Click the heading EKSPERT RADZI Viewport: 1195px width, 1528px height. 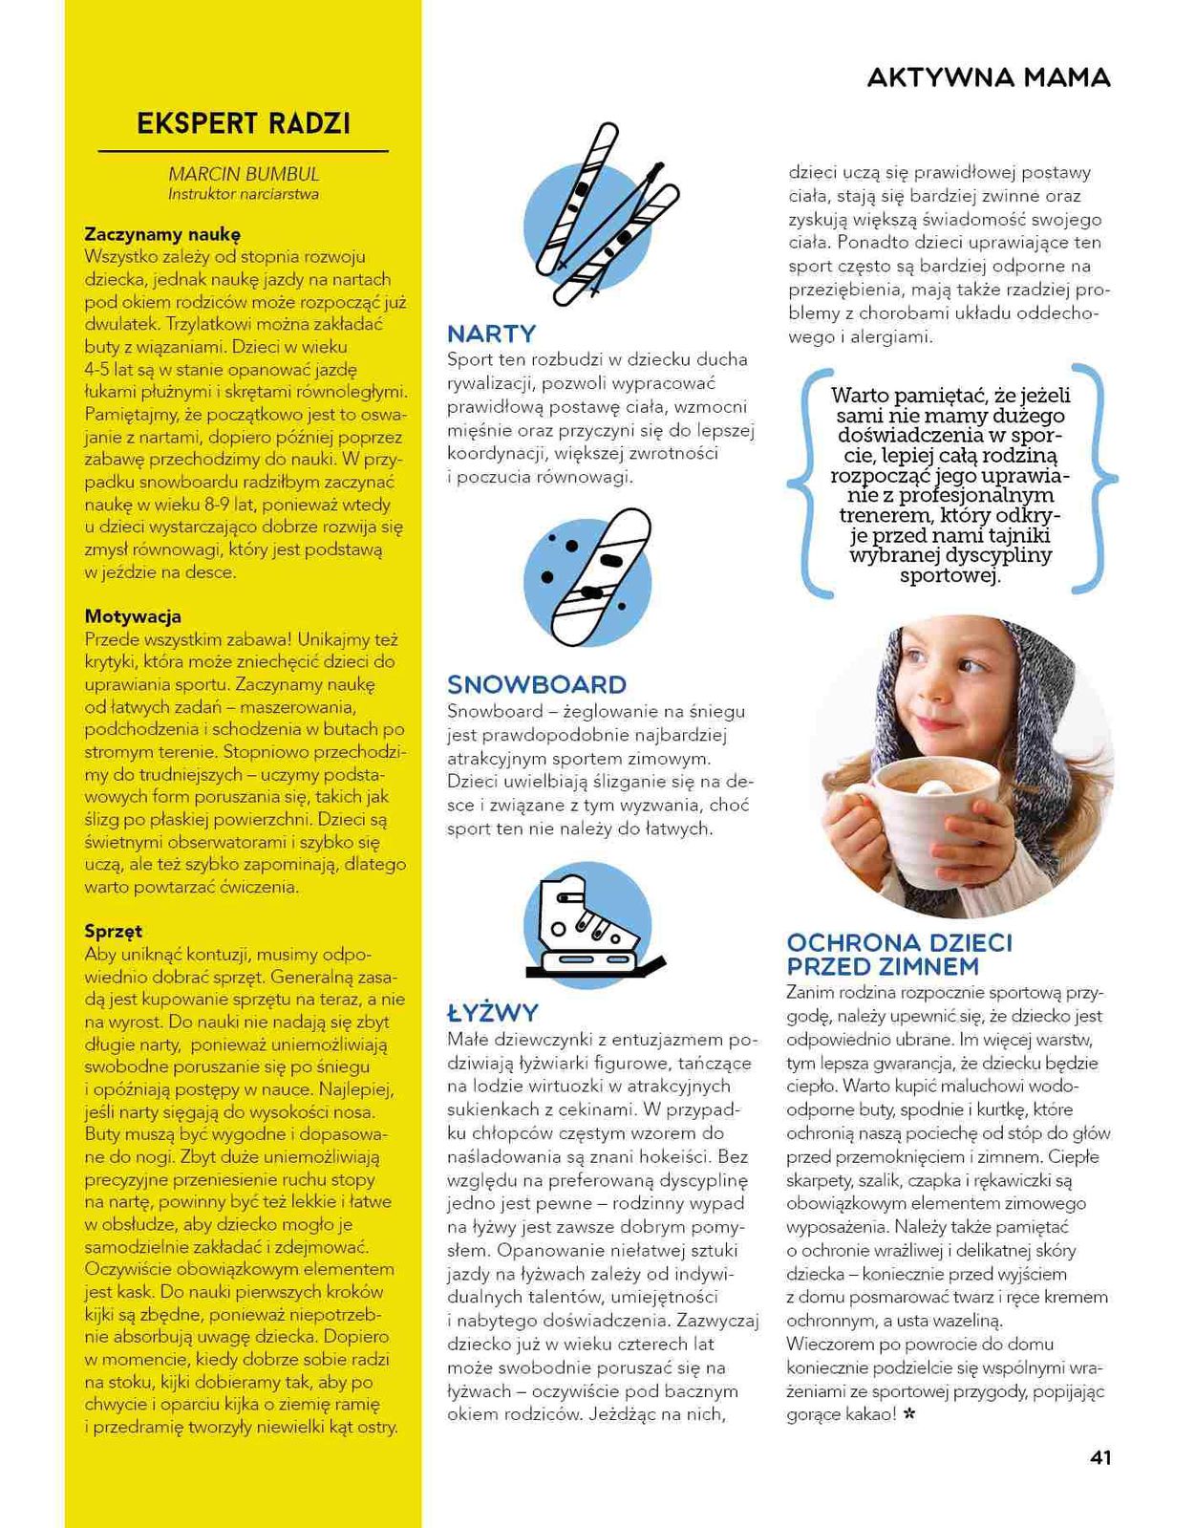(x=244, y=124)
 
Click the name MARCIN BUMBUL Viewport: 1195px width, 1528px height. (x=244, y=174)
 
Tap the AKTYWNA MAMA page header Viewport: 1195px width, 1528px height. (x=989, y=78)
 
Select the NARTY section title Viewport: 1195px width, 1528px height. (x=492, y=334)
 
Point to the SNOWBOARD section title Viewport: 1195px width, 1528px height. (x=537, y=684)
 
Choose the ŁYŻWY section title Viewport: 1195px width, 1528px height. (x=493, y=1013)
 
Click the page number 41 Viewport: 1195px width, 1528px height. (x=1100, y=1457)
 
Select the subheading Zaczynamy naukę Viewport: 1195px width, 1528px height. (x=162, y=234)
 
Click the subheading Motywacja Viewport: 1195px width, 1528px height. (x=133, y=616)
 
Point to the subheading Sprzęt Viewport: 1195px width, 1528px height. (x=114, y=931)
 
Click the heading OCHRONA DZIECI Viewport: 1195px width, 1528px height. (x=899, y=943)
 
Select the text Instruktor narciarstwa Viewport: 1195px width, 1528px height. (x=244, y=194)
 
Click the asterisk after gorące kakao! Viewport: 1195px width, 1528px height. (x=909, y=1414)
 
